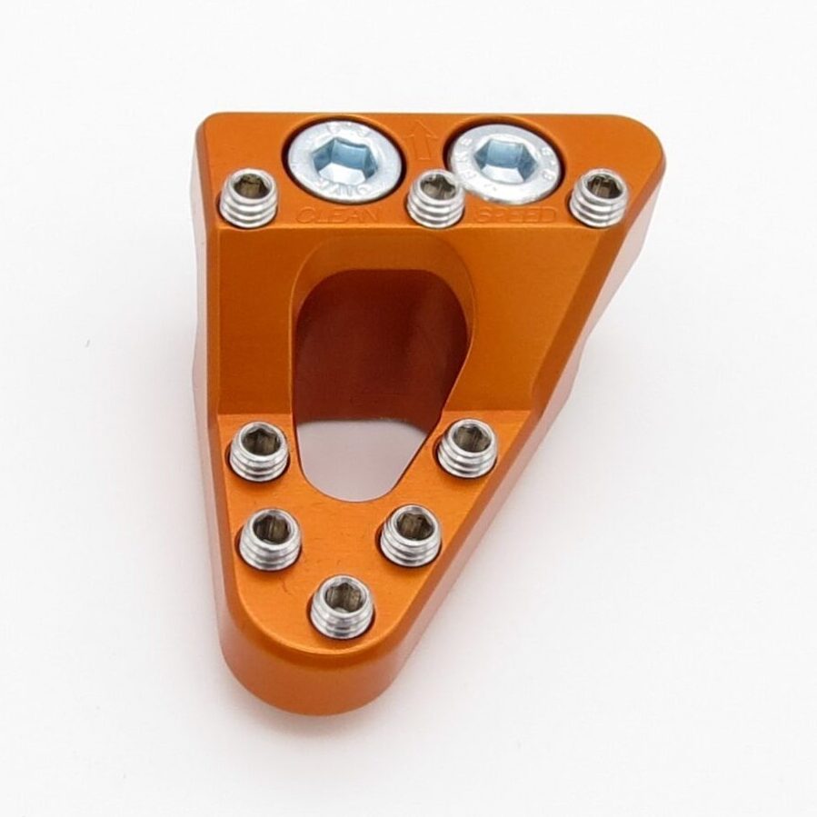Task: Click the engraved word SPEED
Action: pyautogui.click(x=517, y=216)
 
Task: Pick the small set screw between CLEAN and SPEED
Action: pyautogui.click(x=435, y=197)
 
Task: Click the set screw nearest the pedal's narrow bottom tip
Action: pyautogui.click(x=341, y=605)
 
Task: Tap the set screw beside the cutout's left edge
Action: pyautogui.click(x=259, y=450)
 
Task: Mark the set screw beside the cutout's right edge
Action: pyautogui.click(x=466, y=447)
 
